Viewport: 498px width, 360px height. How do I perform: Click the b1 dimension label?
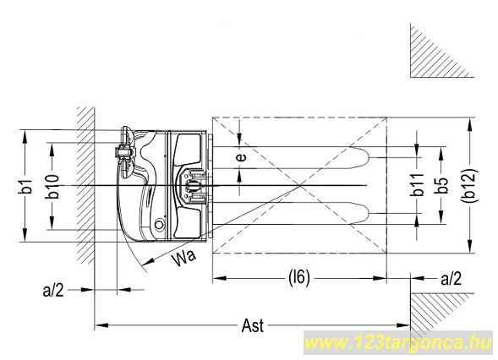click(x=28, y=187)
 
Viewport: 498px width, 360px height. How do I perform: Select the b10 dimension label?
click(x=52, y=186)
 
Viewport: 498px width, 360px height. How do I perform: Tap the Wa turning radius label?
click(x=184, y=257)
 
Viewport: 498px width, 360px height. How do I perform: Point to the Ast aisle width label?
click(x=253, y=325)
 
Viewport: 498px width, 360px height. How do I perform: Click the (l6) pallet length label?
click(x=298, y=278)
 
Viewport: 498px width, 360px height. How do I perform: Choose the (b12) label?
click(x=469, y=186)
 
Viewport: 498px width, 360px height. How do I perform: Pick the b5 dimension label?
click(x=442, y=186)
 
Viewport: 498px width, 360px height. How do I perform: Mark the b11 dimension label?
click(x=418, y=186)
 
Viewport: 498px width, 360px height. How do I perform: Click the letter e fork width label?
click(x=242, y=157)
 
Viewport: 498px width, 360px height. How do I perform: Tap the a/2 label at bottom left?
click(x=53, y=290)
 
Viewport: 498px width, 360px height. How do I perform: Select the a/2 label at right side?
click(x=451, y=279)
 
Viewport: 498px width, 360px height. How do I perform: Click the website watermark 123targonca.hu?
click(x=399, y=343)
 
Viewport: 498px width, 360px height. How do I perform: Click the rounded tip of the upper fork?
click(x=368, y=157)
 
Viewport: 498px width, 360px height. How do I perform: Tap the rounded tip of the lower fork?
click(x=368, y=213)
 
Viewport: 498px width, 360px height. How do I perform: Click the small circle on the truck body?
click(x=159, y=225)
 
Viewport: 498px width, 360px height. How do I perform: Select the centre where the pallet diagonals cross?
click(x=299, y=185)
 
